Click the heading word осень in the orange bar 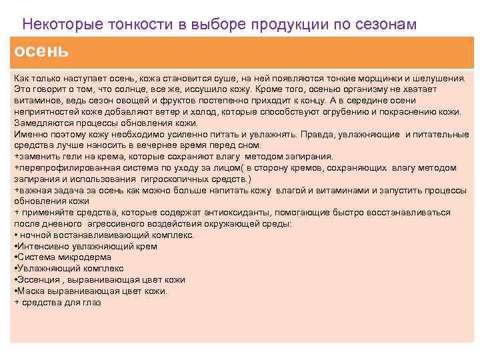41,51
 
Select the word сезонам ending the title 381,24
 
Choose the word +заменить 37,157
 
